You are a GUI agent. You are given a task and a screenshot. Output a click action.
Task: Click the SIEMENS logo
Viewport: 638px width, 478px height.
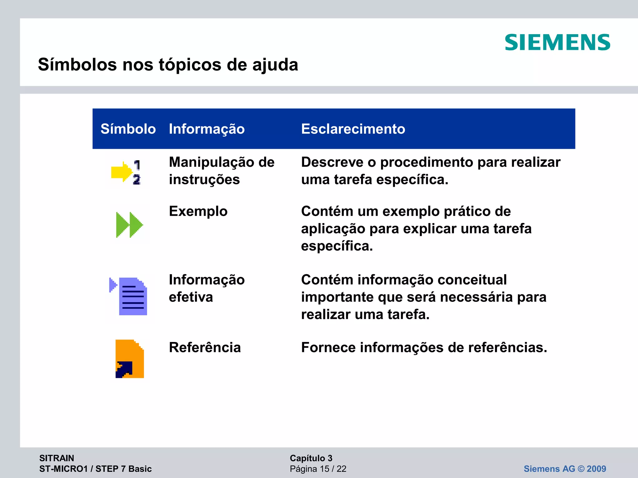(557, 43)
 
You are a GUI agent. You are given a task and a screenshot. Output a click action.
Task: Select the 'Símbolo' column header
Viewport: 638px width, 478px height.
(128, 129)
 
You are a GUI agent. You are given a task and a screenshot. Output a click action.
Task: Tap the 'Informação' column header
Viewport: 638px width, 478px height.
(207, 129)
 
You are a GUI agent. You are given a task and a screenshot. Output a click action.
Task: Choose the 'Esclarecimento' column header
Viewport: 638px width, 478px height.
(353, 129)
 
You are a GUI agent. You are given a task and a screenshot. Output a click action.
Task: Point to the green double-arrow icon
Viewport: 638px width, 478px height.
(129, 225)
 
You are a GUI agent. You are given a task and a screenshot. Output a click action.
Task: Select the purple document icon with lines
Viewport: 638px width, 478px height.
(132, 296)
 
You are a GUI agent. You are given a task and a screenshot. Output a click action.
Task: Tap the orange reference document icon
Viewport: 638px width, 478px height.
(130, 358)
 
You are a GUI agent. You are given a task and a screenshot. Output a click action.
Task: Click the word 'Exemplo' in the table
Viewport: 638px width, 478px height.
(198, 211)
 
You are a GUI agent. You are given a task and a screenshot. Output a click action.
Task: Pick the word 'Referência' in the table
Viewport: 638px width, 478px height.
(205, 347)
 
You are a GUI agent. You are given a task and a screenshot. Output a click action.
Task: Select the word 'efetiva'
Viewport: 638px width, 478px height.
(191, 297)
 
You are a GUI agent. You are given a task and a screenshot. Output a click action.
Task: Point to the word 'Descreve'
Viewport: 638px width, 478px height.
(332, 162)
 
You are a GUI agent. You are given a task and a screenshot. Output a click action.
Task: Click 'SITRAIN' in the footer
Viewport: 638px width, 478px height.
(57, 458)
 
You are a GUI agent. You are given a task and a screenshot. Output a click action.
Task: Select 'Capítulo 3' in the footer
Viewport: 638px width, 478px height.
(311, 458)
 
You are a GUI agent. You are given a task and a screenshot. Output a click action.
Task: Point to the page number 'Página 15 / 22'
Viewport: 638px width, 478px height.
(318, 469)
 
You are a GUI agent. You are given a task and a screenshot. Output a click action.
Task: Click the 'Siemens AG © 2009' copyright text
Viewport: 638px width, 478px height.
(565, 469)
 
